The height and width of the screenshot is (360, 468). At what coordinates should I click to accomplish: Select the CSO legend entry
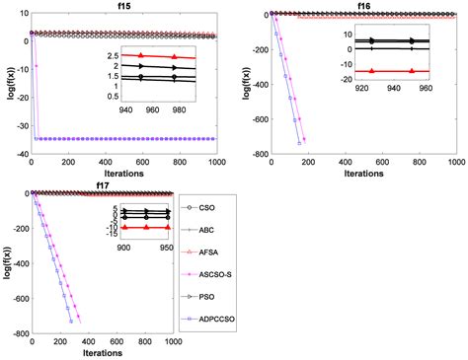click(220, 208)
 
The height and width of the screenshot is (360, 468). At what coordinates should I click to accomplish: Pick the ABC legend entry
click(220, 230)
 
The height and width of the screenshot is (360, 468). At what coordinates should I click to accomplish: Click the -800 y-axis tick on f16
click(255, 155)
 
